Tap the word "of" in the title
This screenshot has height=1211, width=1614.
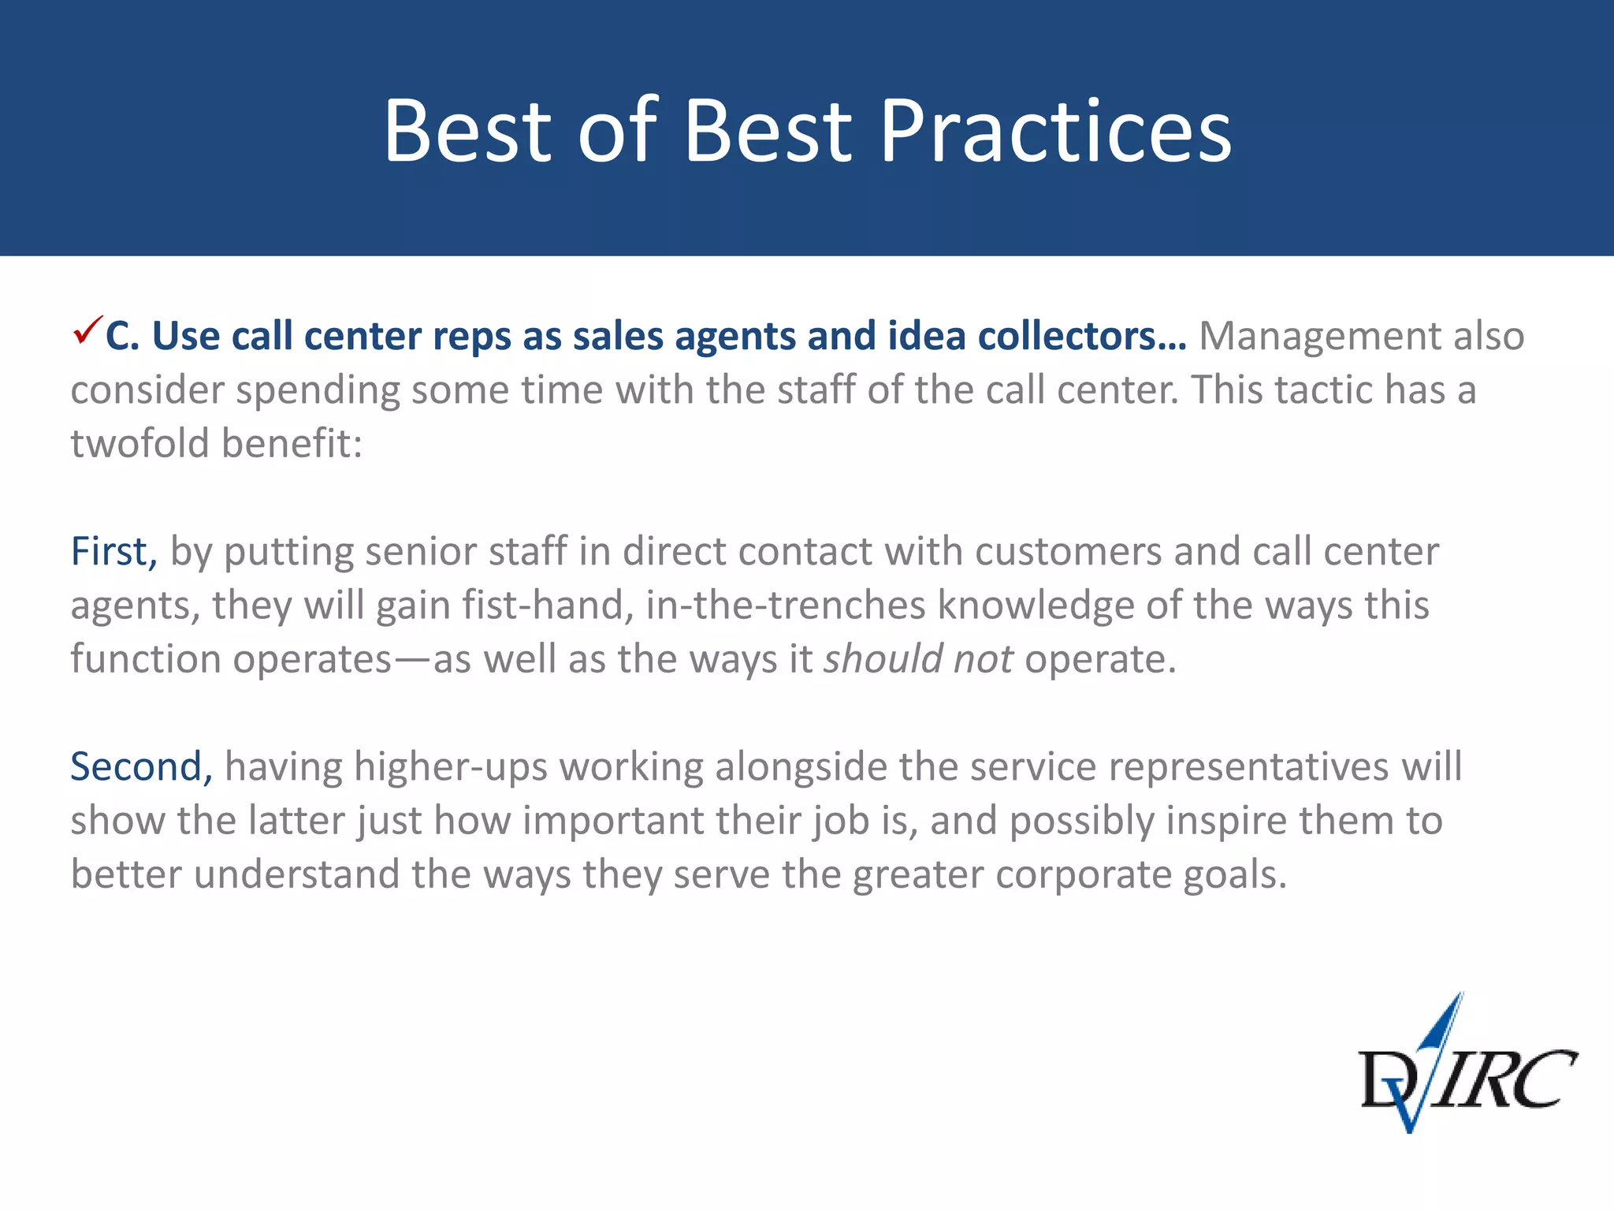(x=617, y=131)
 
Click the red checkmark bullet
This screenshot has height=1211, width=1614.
(x=87, y=330)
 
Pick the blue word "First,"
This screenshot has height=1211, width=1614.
(x=113, y=551)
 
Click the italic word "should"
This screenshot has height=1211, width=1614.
(x=883, y=659)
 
